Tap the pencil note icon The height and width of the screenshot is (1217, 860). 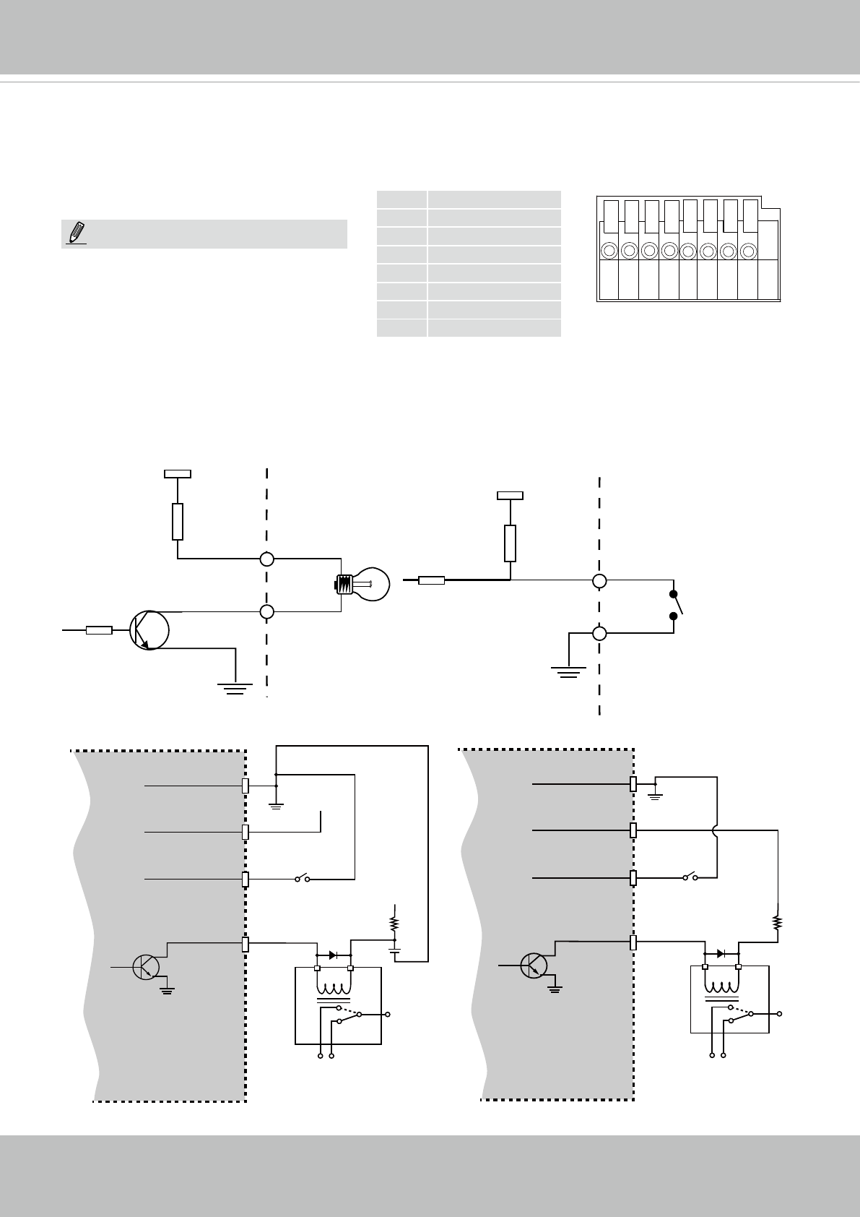click(75, 234)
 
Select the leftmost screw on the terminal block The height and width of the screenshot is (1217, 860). click(609, 251)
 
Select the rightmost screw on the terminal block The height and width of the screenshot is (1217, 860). click(749, 251)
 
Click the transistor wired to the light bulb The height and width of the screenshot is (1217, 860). click(149, 630)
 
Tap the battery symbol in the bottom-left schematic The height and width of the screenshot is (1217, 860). click(394, 949)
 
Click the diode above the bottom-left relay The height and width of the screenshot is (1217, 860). click(333, 955)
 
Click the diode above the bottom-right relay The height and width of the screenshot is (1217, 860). click(721, 952)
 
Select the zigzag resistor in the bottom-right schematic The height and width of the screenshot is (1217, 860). click(778, 923)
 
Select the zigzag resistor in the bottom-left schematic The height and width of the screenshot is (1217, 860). click(394, 924)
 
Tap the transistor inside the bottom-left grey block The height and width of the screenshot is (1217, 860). click(147, 967)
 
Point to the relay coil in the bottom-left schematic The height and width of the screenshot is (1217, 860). click(334, 987)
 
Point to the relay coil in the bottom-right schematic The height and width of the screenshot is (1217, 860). click(721, 985)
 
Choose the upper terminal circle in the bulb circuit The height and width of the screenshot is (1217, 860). click(267, 559)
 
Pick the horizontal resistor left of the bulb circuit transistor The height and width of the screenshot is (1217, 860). click(99, 630)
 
